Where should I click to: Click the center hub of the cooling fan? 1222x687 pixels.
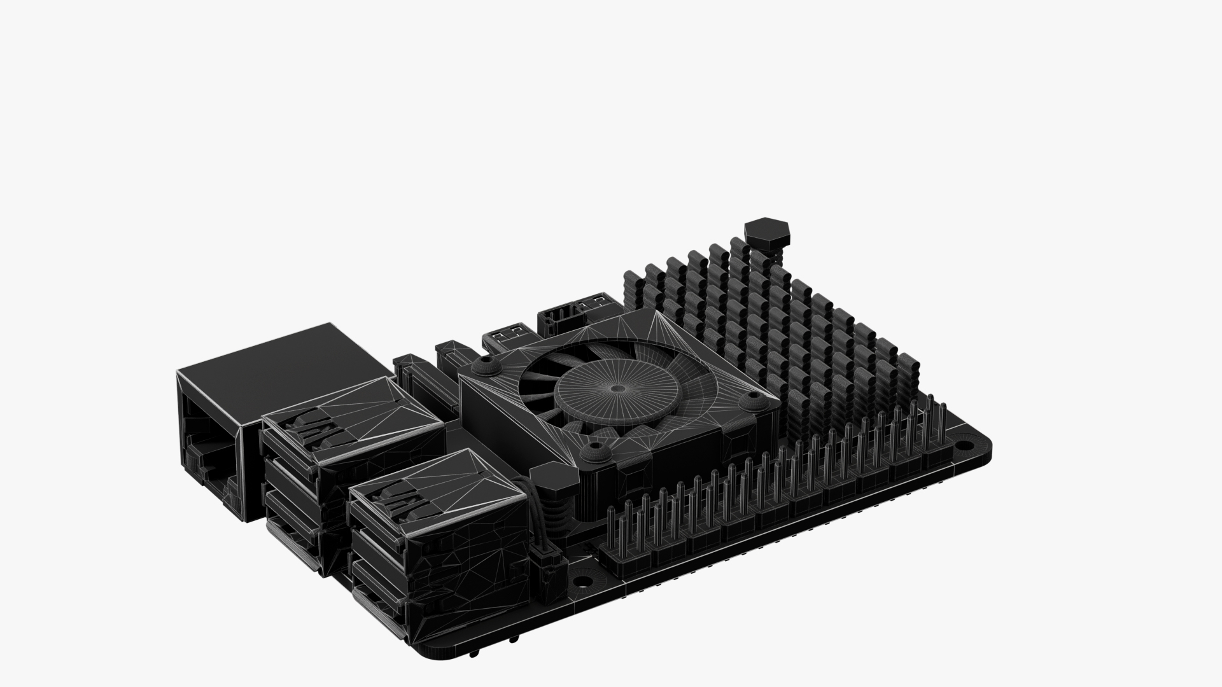(x=615, y=389)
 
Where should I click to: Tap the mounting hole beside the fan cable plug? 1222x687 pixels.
(x=581, y=581)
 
